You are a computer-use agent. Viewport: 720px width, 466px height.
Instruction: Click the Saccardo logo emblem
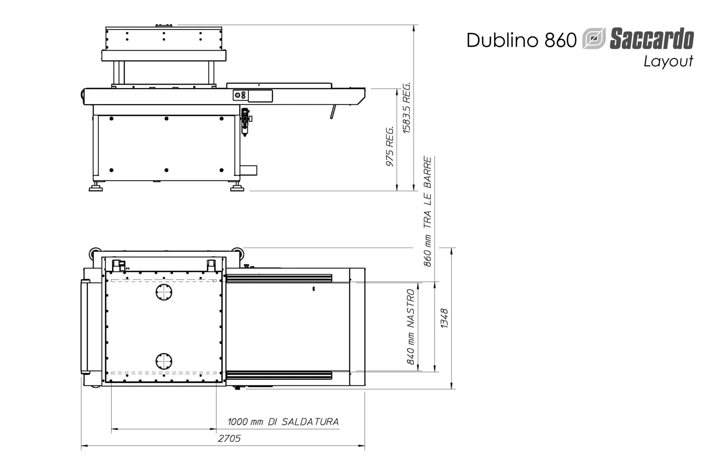click(594, 38)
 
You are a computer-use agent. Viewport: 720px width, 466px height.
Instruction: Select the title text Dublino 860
click(522, 40)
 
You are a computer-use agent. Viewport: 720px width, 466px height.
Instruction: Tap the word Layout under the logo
click(668, 61)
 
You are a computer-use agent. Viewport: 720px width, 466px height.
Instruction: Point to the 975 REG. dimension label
click(390, 146)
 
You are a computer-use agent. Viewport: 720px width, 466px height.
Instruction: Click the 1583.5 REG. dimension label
click(406, 108)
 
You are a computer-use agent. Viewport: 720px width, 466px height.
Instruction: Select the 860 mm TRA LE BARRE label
click(427, 211)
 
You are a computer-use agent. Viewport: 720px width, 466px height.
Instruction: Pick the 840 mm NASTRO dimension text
click(411, 326)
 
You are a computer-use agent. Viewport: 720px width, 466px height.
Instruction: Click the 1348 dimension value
click(444, 318)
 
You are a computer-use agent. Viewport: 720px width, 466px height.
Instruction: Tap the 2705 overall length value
click(229, 438)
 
